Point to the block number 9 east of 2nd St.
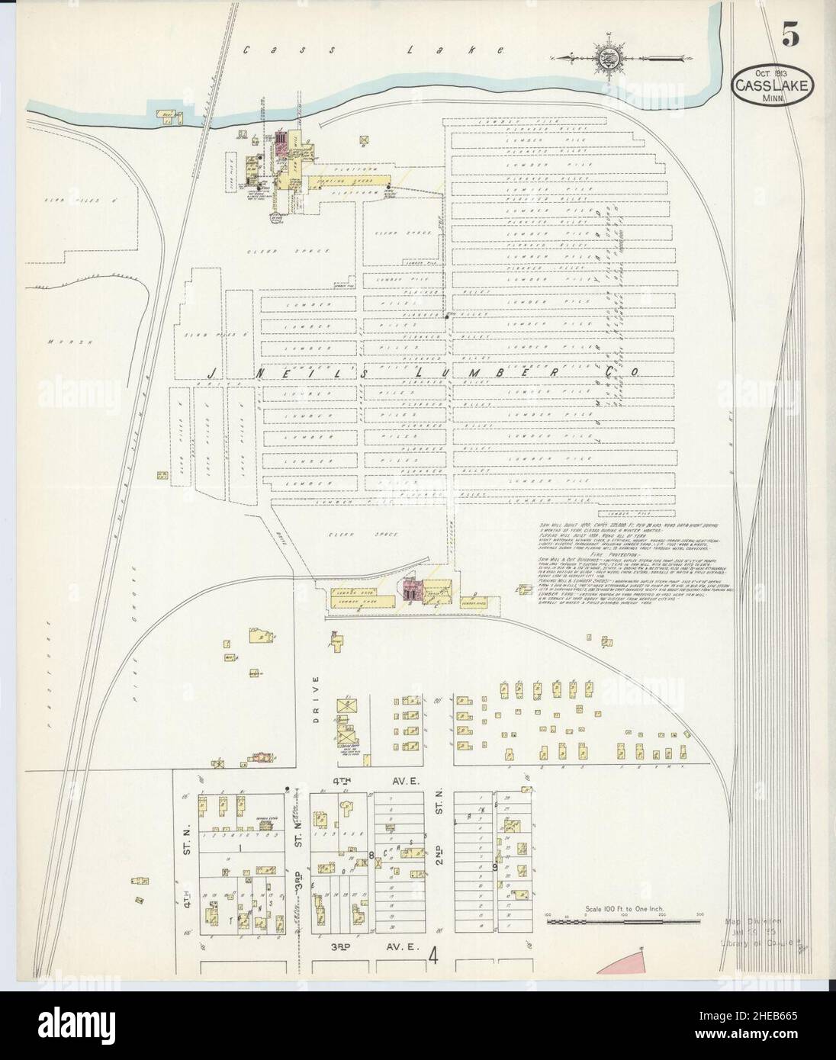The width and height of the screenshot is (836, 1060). [496, 867]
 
